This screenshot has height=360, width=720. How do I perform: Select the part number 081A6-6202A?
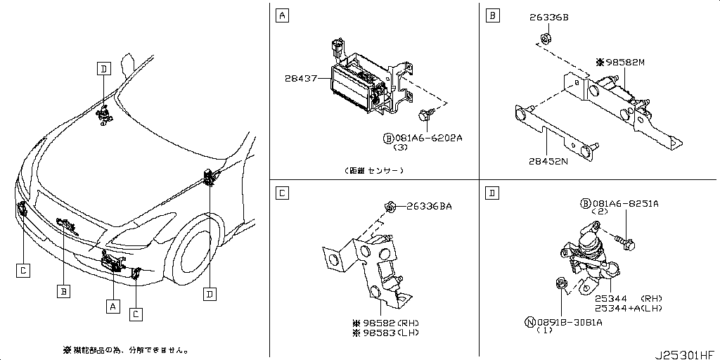[427, 138]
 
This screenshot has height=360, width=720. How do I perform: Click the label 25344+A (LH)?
[628, 308]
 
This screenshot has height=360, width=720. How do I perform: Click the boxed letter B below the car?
[63, 290]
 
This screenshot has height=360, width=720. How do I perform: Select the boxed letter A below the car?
[111, 305]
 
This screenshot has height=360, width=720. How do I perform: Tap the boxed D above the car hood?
[103, 68]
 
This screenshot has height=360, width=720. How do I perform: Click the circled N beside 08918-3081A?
[529, 322]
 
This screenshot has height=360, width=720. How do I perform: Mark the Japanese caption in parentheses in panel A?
[375, 170]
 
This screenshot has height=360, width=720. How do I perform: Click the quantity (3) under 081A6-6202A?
[401, 148]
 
